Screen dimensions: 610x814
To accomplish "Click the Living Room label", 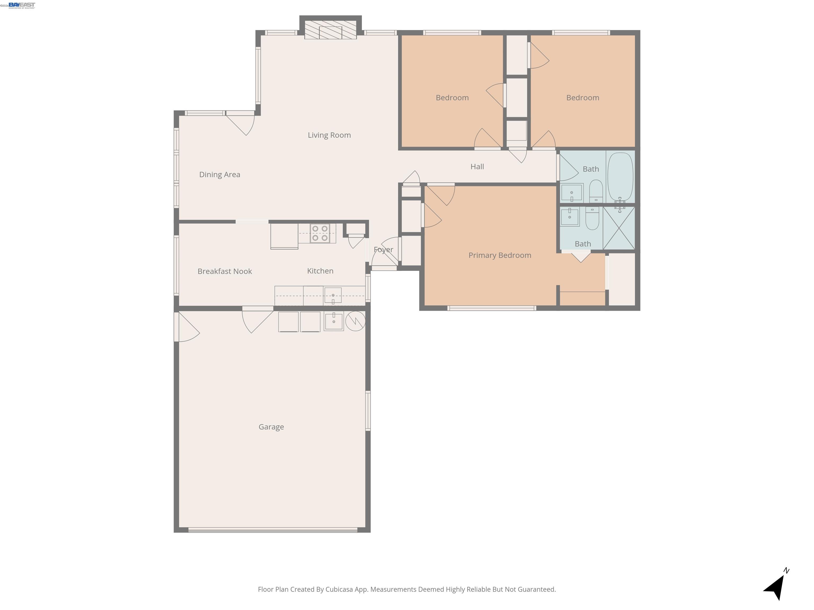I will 329,135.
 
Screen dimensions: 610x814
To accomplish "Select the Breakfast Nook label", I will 224,271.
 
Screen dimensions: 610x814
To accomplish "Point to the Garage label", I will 271,427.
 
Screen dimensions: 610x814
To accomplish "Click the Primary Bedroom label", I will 499,255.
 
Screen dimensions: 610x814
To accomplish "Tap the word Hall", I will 477,167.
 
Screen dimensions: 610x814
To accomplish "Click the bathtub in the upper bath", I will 620,177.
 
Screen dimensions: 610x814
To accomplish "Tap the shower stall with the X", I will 619,228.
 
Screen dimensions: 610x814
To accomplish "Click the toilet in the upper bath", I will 596,191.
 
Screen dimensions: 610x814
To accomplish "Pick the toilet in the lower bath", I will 592,218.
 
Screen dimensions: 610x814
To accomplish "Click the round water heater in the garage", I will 355,321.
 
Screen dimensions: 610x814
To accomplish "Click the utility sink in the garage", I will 333,321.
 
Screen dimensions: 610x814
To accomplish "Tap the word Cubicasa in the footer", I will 339,589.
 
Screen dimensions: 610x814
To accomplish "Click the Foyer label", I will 383,250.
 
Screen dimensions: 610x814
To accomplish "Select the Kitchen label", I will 320,271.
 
